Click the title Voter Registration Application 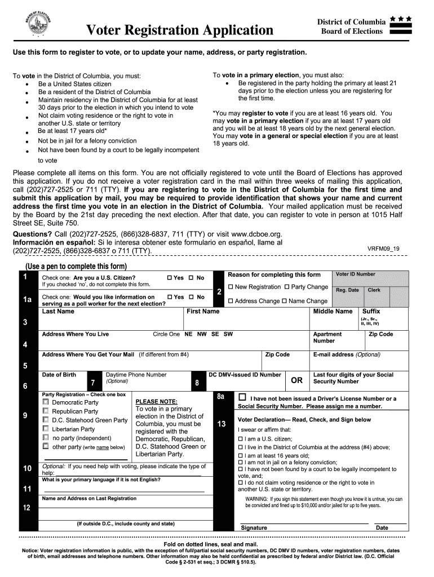(179, 30)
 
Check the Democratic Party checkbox (46, 402)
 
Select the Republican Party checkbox (46, 411)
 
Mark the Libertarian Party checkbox (46, 429)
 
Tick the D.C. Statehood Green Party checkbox (46, 420)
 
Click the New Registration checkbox (230, 287)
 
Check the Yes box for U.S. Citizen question (170, 278)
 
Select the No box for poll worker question (192, 297)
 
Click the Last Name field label (58, 312)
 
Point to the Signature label (254, 528)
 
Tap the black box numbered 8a (222, 397)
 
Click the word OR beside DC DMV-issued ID (296, 380)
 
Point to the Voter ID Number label (355, 274)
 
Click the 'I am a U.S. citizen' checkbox (241, 439)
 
